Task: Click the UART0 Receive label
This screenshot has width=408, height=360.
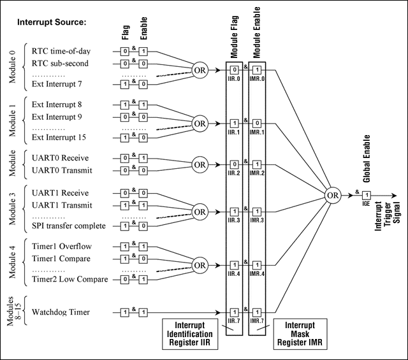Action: pyautogui.click(x=60, y=157)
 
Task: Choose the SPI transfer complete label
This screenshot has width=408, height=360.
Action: pyautogui.click(x=69, y=226)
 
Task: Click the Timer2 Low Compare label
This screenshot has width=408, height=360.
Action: pyautogui.click(x=69, y=278)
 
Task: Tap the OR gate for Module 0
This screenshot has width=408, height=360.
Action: pyautogui.click(x=201, y=69)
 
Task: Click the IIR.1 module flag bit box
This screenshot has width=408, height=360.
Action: pyautogui.click(x=234, y=122)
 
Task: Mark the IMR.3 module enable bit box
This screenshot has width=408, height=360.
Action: pyautogui.click(x=257, y=211)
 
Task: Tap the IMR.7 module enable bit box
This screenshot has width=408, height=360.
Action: pyautogui.click(x=257, y=312)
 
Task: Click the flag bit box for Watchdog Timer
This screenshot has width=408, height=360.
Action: pyautogui.click(x=126, y=312)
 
